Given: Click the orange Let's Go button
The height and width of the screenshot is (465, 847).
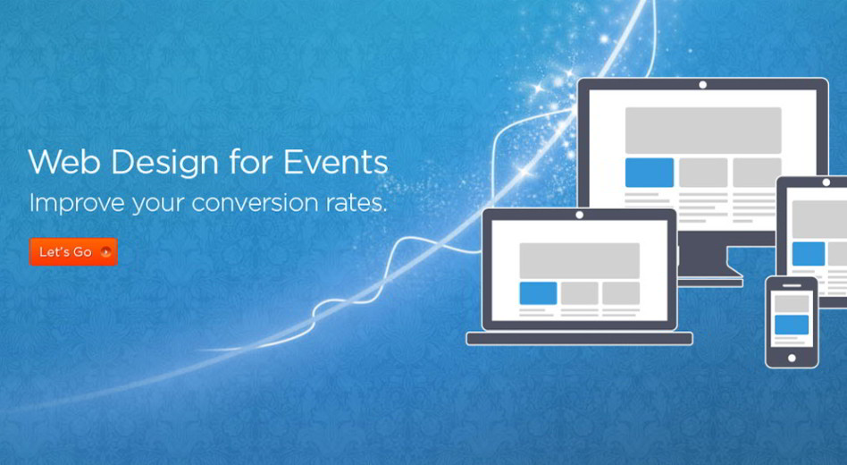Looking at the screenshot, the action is click(x=73, y=252).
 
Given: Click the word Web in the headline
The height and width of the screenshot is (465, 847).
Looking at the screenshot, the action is click(x=63, y=161).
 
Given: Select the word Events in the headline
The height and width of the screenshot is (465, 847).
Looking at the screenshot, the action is click(x=335, y=161).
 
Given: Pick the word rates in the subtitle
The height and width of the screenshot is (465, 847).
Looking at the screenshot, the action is click(x=356, y=203).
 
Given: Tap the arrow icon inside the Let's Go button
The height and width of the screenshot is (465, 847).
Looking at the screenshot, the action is click(x=105, y=252).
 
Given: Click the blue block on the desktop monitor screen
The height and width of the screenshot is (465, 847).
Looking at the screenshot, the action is click(x=650, y=173).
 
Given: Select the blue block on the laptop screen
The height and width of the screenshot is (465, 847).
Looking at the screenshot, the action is click(x=538, y=293).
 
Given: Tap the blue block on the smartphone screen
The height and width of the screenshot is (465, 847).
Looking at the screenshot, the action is click(x=792, y=325).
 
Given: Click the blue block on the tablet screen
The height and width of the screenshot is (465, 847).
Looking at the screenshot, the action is click(x=808, y=254).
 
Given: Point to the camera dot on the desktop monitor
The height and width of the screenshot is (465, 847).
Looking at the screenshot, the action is click(x=703, y=85).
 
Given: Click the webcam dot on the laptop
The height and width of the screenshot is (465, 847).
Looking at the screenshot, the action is click(x=580, y=215).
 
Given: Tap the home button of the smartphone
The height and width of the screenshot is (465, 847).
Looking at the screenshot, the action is click(x=792, y=358).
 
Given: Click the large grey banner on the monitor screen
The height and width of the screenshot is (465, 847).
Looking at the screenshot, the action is click(x=703, y=131).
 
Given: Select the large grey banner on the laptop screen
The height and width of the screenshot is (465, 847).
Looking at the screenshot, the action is click(x=580, y=260).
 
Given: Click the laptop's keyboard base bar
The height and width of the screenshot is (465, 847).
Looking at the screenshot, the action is click(x=580, y=339).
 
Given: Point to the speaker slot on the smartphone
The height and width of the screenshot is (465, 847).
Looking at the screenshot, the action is click(x=792, y=285).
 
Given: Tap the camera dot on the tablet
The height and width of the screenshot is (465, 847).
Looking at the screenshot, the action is click(x=826, y=182).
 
